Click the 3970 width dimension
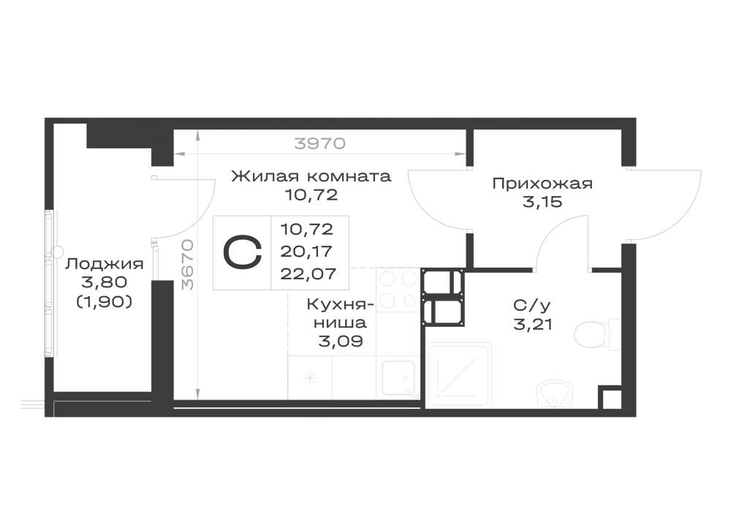[x=320, y=143]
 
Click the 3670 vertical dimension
[x=187, y=264]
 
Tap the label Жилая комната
[x=311, y=176]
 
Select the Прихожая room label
[x=542, y=184]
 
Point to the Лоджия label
[x=104, y=264]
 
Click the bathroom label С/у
[x=532, y=306]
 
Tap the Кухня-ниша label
[x=341, y=313]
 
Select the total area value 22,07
[x=308, y=273]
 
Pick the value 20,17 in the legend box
[x=306, y=252]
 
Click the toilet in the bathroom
[x=597, y=334]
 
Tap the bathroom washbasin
[x=553, y=394]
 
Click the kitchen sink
[x=398, y=379]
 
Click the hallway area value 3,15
[x=542, y=203]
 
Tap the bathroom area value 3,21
[x=533, y=324]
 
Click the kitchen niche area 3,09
[x=341, y=341]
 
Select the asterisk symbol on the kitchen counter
[x=309, y=377]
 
